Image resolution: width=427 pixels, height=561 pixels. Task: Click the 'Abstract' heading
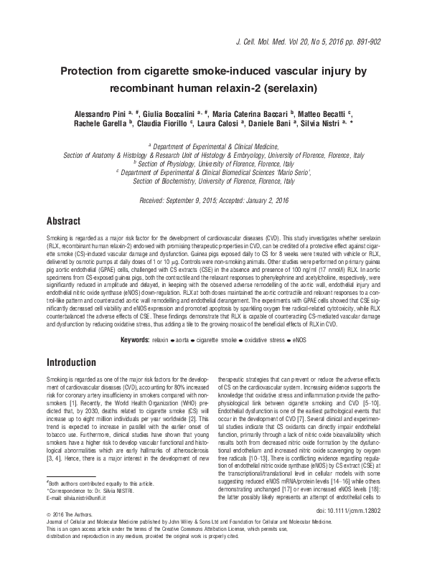click(x=63, y=221)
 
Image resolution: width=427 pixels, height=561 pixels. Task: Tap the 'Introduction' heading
click(x=70, y=363)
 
